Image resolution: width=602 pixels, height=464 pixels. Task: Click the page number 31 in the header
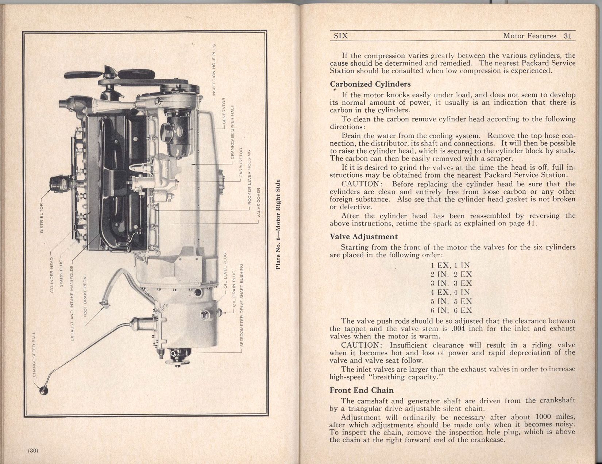[567, 36]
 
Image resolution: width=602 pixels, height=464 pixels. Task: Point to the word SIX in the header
[341, 36]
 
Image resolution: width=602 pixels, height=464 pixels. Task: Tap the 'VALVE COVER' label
[259, 202]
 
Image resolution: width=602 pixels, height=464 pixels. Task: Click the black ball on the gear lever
[43, 390]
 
